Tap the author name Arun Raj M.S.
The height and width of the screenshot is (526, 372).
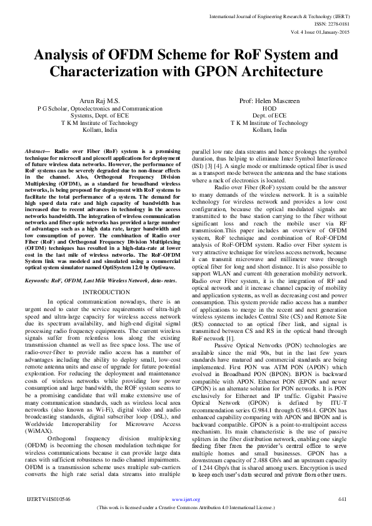pos(99,101)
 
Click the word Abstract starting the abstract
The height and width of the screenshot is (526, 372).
pos(37,152)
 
